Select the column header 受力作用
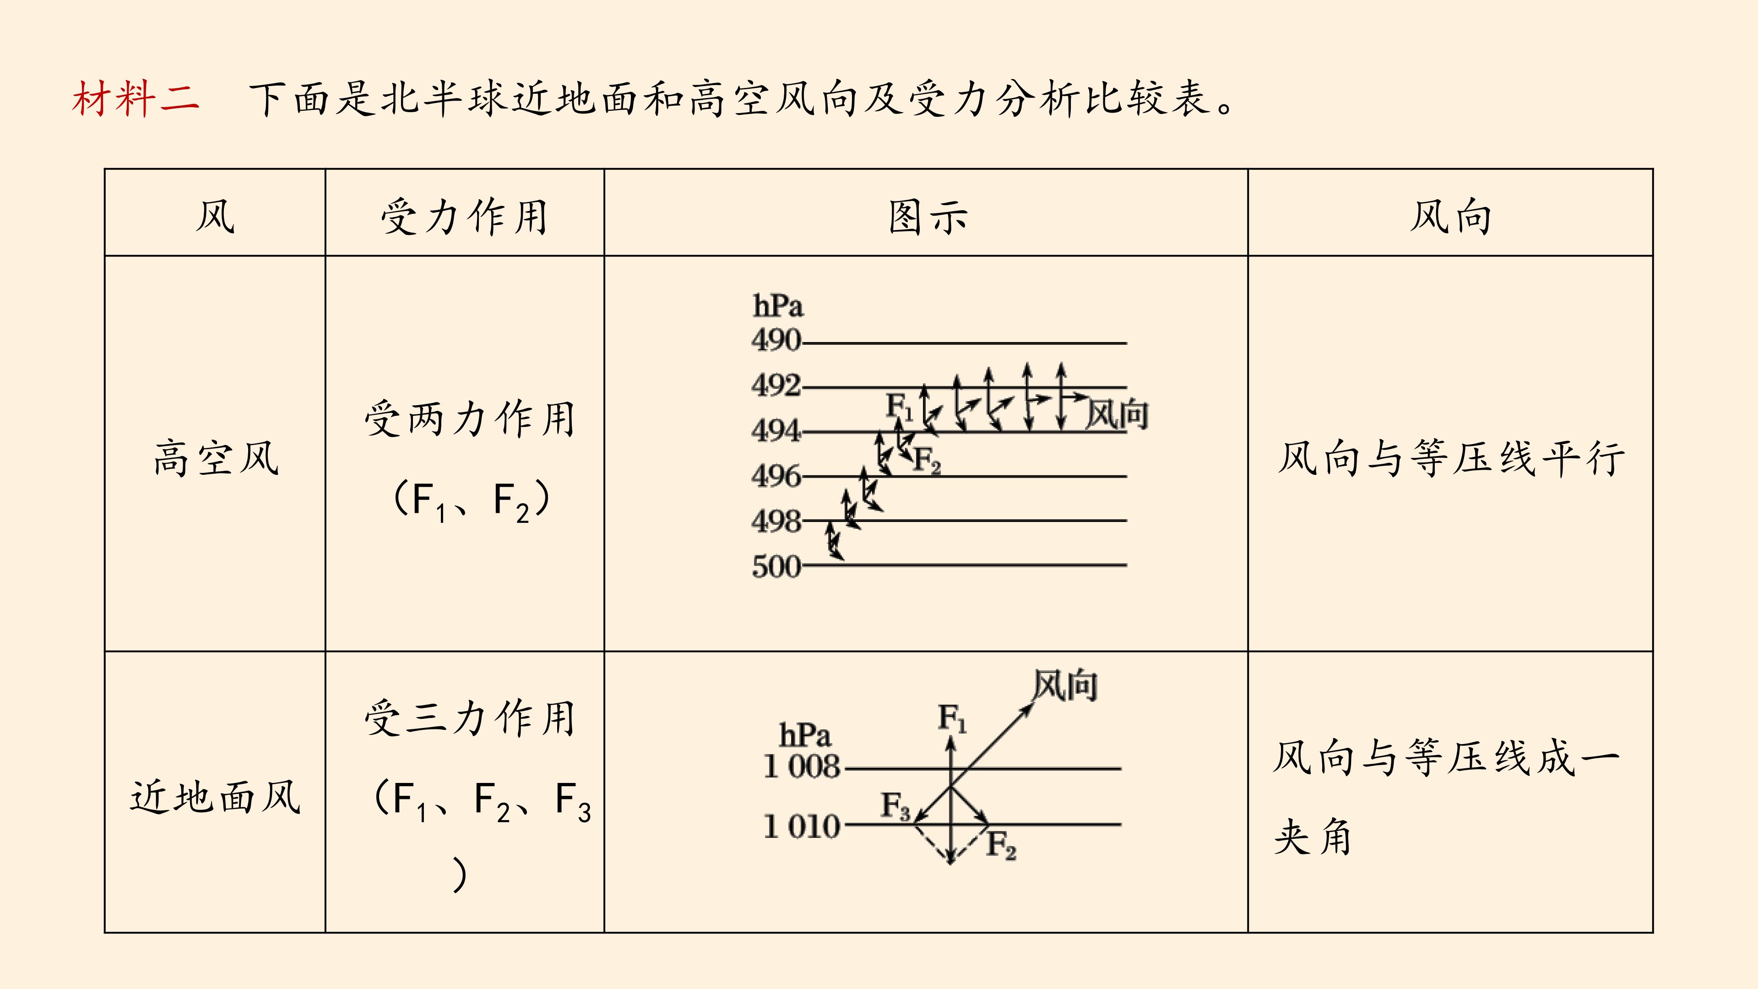tap(465, 217)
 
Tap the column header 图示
tap(928, 217)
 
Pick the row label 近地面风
tap(216, 797)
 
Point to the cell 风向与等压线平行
tap(1451, 458)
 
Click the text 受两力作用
tap(470, 418)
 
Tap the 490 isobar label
tap(776, 340)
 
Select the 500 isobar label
tap(776, 566)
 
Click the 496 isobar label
tap(776, 476)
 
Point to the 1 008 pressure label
tap(802, 766)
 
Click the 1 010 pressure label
tap(802, 826)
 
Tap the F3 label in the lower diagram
tap(895, 806)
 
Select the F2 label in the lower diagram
tap(1002, 845)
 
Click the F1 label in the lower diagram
tap(952, 718)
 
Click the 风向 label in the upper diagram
tap(1117, 414)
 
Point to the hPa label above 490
tap(778, 306)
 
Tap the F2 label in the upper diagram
tap(927, 460)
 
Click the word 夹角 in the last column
tap(1313, 837)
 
